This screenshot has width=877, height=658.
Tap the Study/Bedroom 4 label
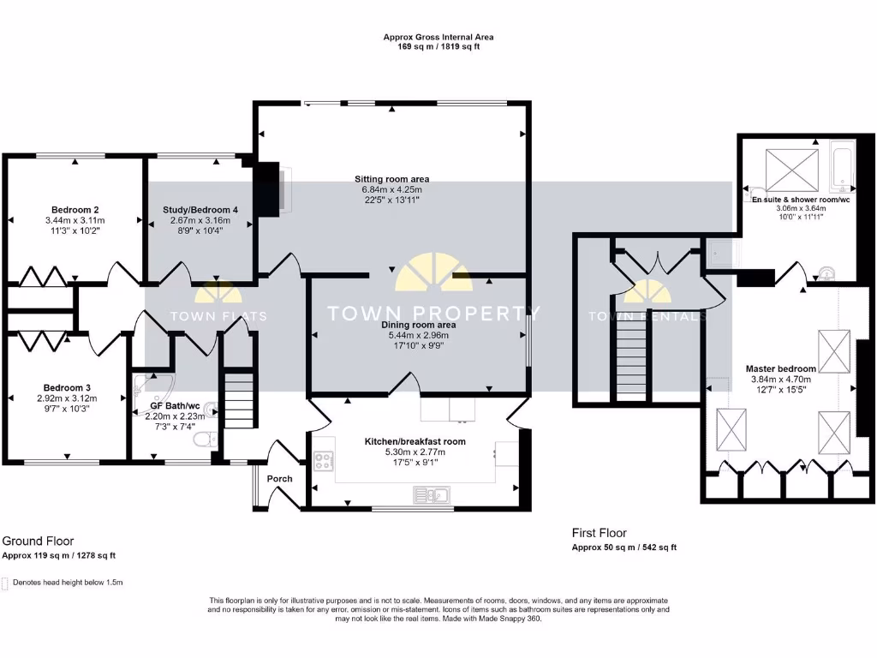click(x=200, y=209)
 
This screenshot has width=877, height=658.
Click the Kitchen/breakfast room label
click(x=415, y=441)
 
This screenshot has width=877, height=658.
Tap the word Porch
click(x=280, y=479)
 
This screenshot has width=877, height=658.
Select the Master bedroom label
click(x=780, y=368)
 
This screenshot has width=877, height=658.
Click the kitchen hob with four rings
click(x=325, y=462)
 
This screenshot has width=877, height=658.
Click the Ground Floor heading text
click(x=38, y=541)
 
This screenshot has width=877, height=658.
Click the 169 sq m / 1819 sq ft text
click(x=438, y=48)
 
